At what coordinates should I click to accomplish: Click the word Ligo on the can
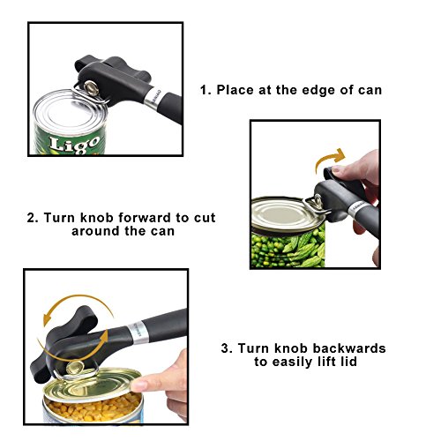click(x=75, y=145)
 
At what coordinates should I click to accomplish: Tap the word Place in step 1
click(x=235, y=90)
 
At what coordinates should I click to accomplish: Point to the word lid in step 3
click(x=348, y=362)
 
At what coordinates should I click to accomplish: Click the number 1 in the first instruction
click(x=206, y=90)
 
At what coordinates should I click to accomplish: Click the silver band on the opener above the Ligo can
click(x=153, y=96)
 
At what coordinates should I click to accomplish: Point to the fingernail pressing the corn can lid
click(x=139, y=385)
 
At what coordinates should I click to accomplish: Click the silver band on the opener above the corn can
click(x=138, y=333)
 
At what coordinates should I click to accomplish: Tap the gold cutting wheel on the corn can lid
click(x=75, y=368)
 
